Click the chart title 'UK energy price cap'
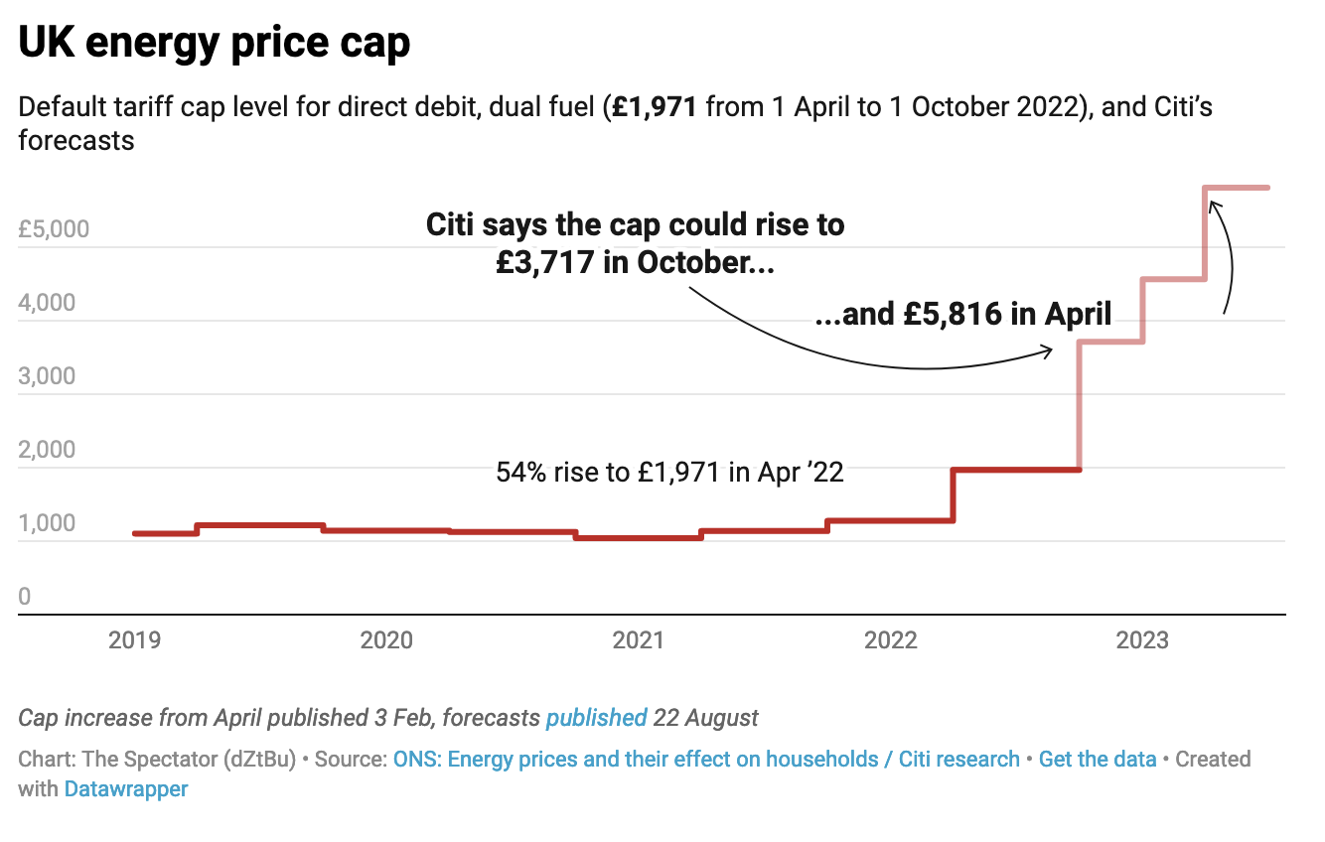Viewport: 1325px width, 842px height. [x=215, y=44]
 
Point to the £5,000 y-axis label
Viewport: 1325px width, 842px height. [x=54, y=229]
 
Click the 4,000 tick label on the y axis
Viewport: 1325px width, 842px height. [x=47, y=302]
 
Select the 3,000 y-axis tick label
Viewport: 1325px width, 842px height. [x=47, y=375]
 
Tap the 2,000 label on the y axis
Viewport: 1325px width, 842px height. [x=47, y=449]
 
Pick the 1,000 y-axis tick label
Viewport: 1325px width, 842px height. [x=47, y=522]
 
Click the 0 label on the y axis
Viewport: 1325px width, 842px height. [x=25, y=596]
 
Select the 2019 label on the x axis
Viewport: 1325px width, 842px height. [x=134, y=641]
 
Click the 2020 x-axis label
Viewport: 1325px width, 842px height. [x=386, y=641]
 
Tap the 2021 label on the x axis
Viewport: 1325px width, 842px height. [x=639, y=641]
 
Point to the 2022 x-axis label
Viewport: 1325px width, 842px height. [x=891, y=641]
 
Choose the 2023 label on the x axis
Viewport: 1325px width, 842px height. [x=1142, y=641]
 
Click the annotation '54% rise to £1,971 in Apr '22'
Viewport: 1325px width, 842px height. [x=669, y=473]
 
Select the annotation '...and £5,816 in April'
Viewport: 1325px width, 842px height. [x=962, y=315]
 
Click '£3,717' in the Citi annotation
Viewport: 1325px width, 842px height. [x=545, y=263]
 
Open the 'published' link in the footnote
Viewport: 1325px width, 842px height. [x=596, y=717]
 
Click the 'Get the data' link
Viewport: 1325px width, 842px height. [x=1098, y=760]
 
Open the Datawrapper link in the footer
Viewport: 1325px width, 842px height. [x=126, y=789]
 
